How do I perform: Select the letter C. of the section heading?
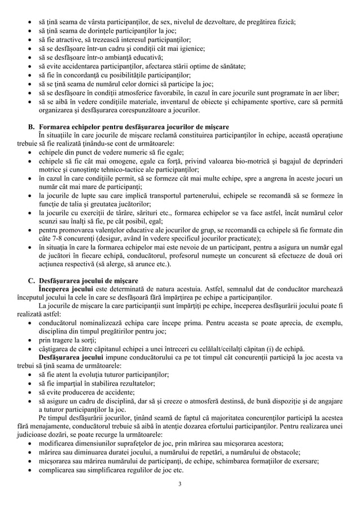[x=32, y=280]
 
